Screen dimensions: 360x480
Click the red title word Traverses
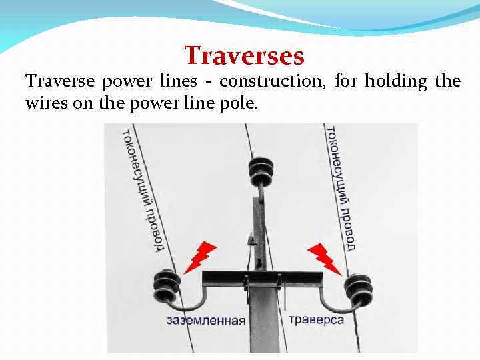click(x=244, y=55)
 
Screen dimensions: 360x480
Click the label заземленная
click(x=206, y=321)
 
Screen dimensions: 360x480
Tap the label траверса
click(x=316, y=320)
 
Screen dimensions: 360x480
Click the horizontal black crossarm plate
click(x=262, y=277)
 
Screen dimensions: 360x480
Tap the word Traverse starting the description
click(x=59, y=82)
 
